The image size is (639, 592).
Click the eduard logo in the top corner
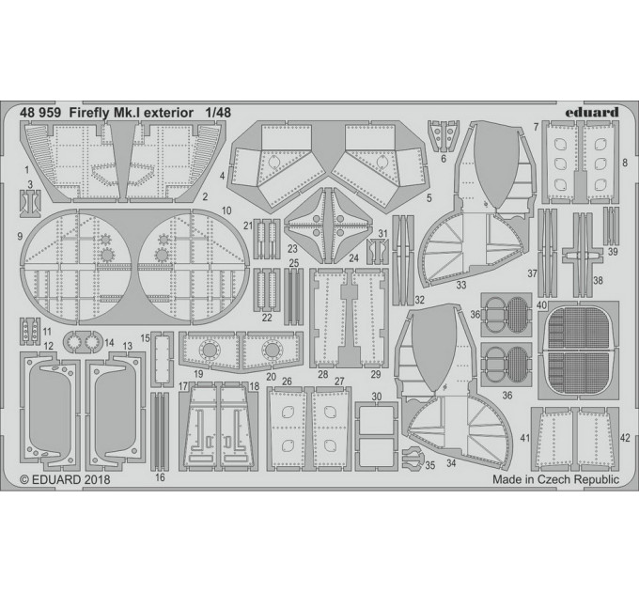591,112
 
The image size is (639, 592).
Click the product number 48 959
39,113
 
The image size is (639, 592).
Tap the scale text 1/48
218,113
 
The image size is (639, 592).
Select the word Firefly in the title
86,113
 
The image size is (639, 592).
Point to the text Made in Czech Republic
555,479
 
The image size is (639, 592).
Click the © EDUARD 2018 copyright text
65,479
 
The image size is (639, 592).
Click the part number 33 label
460,286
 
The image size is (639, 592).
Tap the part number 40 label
541,304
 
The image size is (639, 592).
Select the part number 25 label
294,263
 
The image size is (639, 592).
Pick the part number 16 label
160,477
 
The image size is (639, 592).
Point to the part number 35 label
430,465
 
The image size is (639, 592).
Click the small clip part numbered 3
30,203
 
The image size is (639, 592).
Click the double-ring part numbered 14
83,341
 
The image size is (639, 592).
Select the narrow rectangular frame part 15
163,359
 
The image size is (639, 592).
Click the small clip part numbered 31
378,252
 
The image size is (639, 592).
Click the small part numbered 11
30,332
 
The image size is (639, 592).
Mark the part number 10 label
226,210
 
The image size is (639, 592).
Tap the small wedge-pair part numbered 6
444,135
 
